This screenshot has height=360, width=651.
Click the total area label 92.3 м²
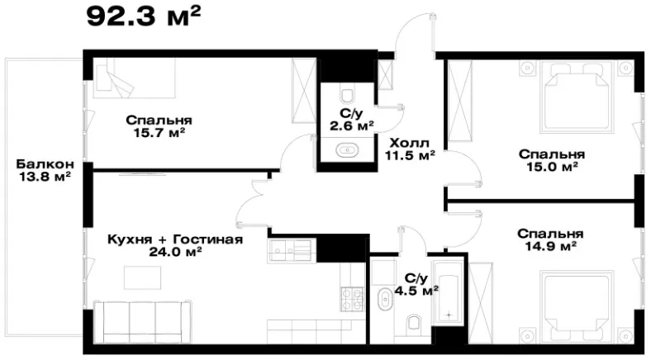point(144,17)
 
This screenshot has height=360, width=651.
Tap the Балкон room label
point(45,163)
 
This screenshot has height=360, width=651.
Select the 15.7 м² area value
point(159,133)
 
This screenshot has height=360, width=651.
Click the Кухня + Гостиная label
point(175,239)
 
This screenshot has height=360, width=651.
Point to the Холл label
point(410,144)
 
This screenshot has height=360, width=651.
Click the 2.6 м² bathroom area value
point(352,126)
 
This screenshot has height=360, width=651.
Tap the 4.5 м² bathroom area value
point(416,291)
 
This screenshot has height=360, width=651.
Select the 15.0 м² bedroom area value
point(552,167)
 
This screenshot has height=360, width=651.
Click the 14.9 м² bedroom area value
point(550,246)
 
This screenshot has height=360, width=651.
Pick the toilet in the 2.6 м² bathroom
point(346,95)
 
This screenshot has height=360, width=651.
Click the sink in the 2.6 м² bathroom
point(346,149)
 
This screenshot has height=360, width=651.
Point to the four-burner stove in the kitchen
point(352,300)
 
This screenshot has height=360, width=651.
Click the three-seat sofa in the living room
point(143,322)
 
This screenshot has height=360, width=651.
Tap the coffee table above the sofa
point(142,277)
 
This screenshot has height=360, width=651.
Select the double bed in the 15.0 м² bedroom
point(577,97)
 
